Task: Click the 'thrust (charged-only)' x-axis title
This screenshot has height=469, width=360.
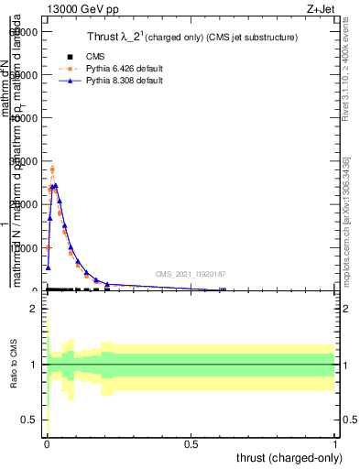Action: pos(290,456)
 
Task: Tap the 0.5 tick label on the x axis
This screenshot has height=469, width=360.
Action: pos(191,442)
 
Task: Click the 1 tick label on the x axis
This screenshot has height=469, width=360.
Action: pos(335,442)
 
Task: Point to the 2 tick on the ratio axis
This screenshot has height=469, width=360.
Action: pos(33,310)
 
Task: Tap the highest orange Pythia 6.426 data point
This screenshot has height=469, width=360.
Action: pos(52,169)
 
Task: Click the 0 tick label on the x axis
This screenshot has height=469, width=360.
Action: pos(47,442)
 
